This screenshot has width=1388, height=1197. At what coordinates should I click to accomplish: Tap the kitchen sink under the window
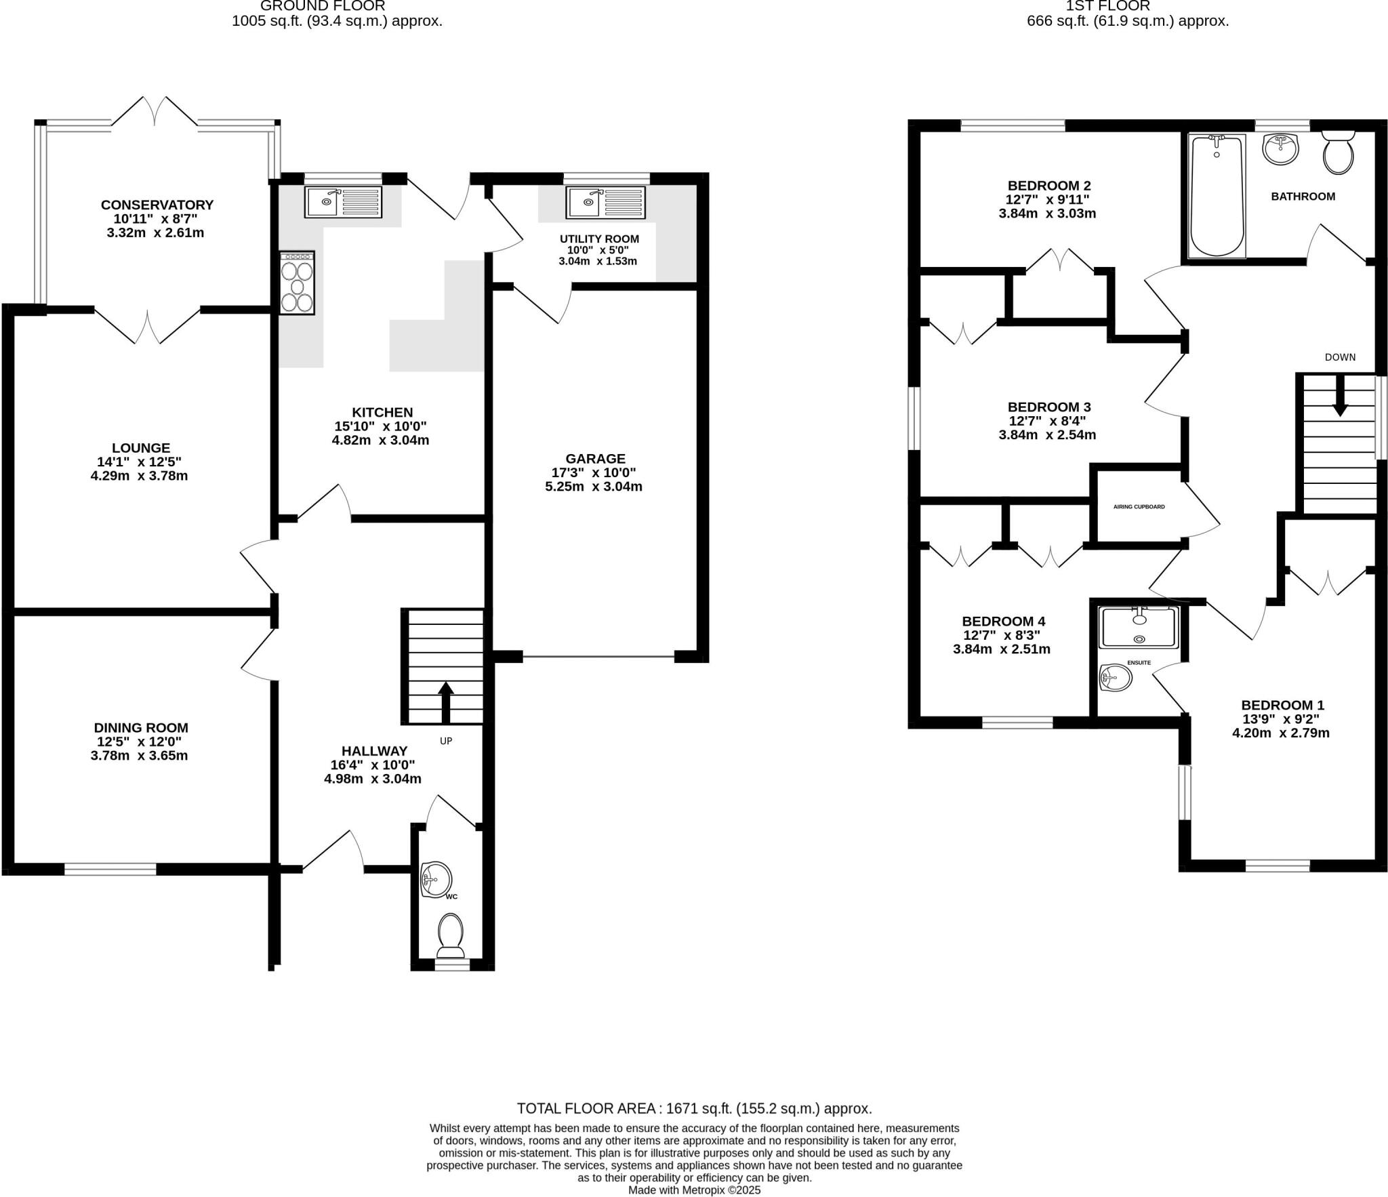(344, 201)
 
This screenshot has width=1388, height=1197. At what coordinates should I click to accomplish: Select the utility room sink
(606, 201)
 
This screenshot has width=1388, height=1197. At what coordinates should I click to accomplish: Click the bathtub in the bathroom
(1217, 197)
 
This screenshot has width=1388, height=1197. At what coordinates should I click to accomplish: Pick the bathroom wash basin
(1280, 149)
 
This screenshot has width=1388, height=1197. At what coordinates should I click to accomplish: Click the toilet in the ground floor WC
(451, 932)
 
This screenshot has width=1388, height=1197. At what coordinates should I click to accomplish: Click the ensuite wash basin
(1115, 676)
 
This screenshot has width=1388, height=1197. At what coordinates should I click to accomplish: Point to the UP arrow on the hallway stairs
(445, 702)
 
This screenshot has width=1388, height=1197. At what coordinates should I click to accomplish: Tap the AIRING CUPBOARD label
(1139, 506)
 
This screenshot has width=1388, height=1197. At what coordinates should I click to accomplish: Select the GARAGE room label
(595, 459)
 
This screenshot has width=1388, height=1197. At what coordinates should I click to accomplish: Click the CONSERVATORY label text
(157, 205)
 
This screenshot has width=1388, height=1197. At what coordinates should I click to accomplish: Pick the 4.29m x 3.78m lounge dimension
(139, 476)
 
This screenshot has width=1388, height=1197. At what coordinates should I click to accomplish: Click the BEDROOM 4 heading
(1003, 621)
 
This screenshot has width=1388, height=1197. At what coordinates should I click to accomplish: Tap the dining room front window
(110, 869)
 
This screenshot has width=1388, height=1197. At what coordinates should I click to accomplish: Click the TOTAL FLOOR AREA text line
(694, 1109)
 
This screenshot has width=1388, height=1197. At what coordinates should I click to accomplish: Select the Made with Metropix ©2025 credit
(694, 1190)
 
